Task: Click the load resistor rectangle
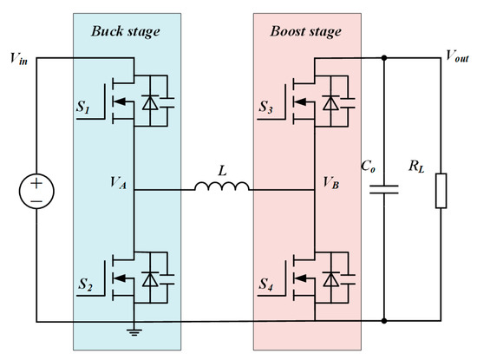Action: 442,190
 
